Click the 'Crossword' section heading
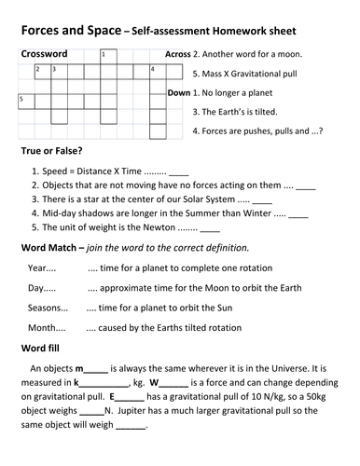(x=44, y=54)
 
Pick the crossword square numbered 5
(x=24, y=99)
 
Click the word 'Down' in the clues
(x=178, y=93)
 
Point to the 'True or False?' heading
(x=58, y=150)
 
